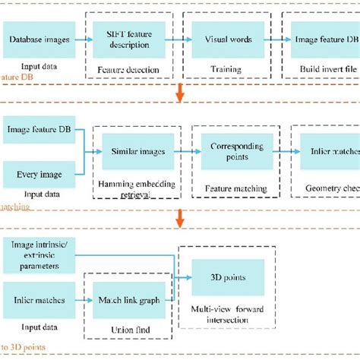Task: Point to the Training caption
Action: tap(226, 70)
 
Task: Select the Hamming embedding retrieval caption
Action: tap(134, 189)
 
